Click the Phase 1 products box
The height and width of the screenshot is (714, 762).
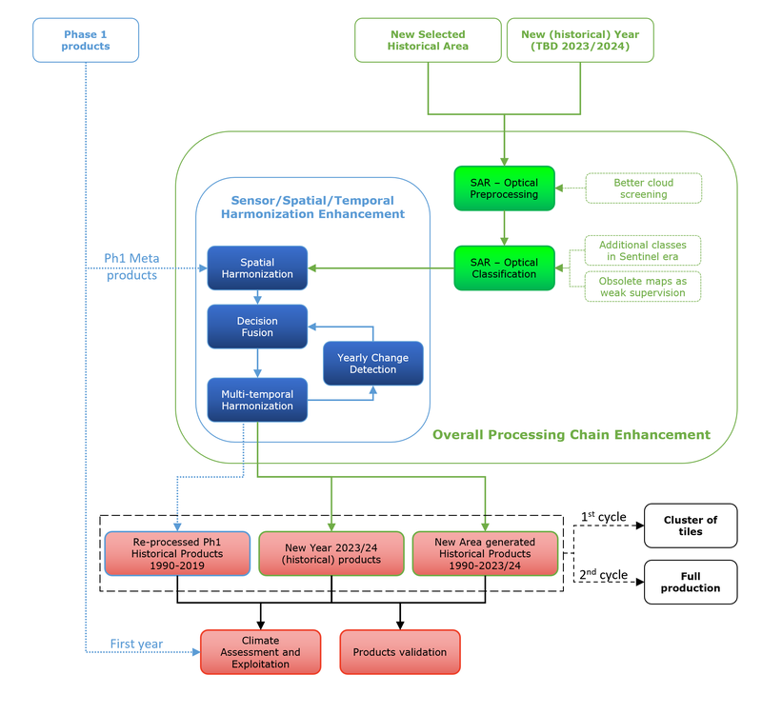(x=87, y=40)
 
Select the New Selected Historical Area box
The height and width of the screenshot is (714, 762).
(x=428, y=40)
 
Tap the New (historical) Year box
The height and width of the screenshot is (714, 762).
(x=580, y=40)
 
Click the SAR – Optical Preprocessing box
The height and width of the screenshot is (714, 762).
(x=504, y=188)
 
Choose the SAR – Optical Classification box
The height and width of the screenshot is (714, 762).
(x=504, y=268)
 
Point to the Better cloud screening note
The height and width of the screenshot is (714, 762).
(x=643, y=188)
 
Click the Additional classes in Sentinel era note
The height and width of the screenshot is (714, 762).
(x=643, y=251)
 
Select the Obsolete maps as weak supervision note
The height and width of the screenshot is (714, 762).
(x=643, y=287)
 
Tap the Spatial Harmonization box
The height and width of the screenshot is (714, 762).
(x=257, y=268)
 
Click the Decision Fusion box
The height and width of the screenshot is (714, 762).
(x=257, y=327)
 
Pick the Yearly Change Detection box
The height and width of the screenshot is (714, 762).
(x=372, y=364)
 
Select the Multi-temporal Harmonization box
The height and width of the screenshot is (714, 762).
(x=257, y=400)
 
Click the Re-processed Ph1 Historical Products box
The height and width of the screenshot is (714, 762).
(x=178, y=554)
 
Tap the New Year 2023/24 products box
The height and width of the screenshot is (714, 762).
(x=331, y=554)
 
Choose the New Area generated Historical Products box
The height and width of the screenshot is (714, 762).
(x=485, y=554)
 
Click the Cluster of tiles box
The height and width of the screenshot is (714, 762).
(x=691, y=526)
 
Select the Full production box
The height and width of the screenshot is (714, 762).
(x=691, y=582)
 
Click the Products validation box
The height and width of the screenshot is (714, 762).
(x=399, y=652)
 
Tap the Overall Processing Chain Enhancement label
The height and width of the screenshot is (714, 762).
(x=571, y=435)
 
